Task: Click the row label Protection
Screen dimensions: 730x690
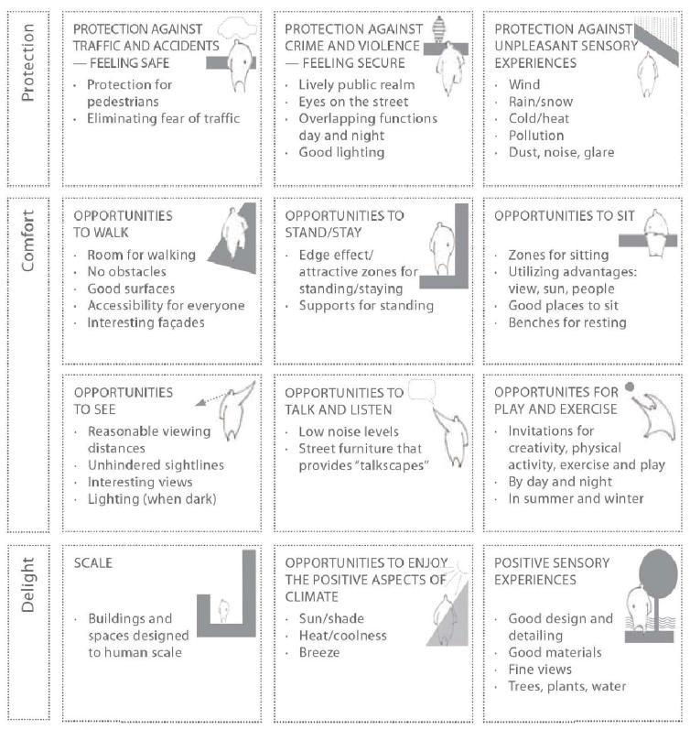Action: pos(27,80)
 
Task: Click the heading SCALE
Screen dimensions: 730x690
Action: pos(94,561)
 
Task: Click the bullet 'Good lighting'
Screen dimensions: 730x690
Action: pos(341,152)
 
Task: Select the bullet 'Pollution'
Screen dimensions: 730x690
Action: pos(536,136)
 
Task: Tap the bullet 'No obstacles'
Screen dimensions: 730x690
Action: pos(127,271)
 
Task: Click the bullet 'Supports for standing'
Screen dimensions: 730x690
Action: pos(366,305)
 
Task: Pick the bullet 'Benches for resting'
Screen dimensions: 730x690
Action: pos(567,322)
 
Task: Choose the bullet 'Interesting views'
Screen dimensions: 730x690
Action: pos(140,482)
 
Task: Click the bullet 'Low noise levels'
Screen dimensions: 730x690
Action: pos(349,431)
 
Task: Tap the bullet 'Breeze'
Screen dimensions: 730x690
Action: pos(320,652)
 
